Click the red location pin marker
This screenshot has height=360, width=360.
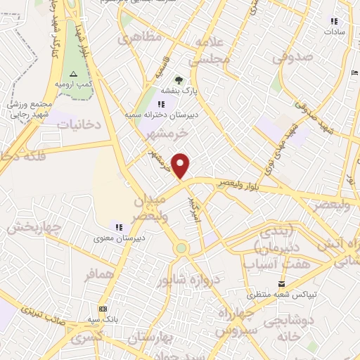click(x=181, y=166)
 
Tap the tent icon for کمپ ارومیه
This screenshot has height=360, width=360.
click(x=73, y=75)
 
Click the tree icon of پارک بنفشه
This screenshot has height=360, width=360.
click(x=179, y=79)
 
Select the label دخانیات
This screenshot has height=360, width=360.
click(x=79, y=124)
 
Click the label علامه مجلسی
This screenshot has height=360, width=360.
click(x=213, y=51)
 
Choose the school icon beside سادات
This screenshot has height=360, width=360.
click(x=333, y=21)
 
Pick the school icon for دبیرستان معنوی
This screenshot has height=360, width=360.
click(x=118, y=226)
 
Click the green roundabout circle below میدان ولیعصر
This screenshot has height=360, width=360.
click(x=181, y=247)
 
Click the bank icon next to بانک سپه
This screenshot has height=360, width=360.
click(x=103, y=309)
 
